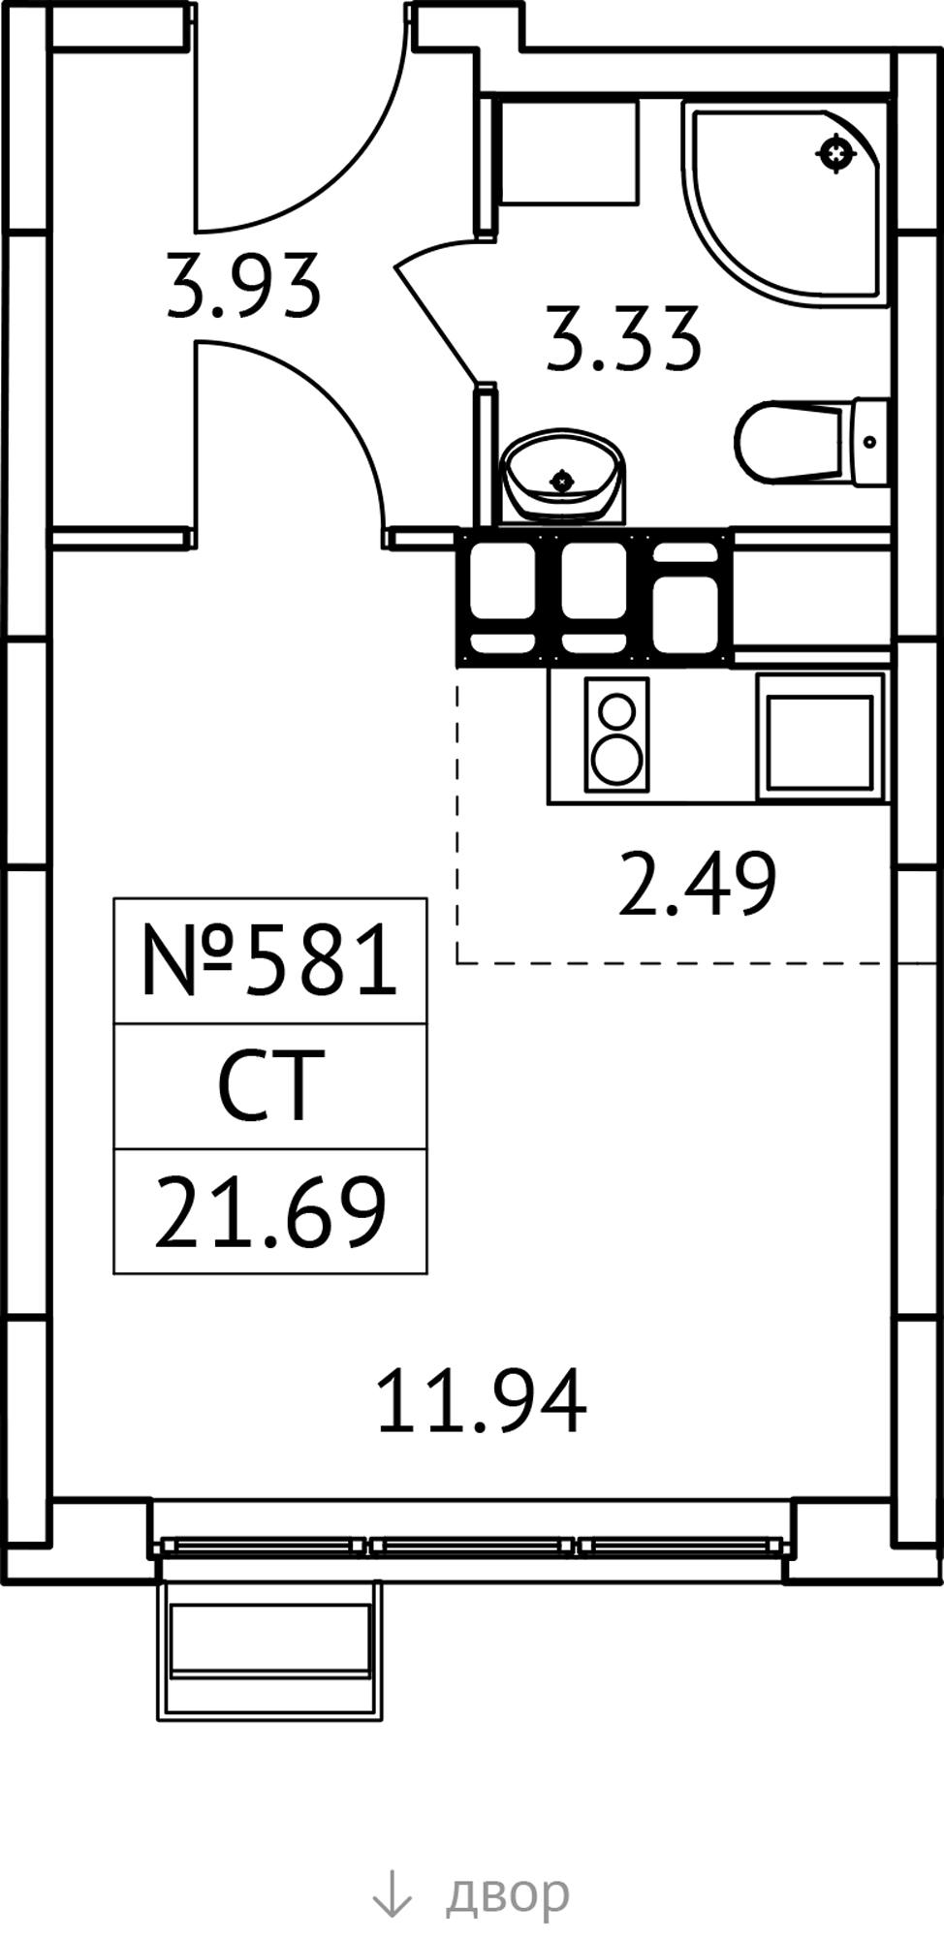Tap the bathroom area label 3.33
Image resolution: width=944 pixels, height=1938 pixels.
click(x=622, y=338)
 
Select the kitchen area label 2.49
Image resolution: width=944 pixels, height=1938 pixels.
click(x=697, y=883)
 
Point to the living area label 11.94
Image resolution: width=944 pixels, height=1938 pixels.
click(x=481, y=1400)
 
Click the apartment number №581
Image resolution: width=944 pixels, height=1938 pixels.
click(x=269, y=960)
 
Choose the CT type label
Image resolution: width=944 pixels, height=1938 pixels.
click(x=269, y=1085)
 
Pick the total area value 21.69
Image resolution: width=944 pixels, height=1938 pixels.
click(x=269, y=1211)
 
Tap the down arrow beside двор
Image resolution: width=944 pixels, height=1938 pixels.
click(x=392, y=1893)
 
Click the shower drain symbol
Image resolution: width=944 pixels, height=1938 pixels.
click(x=836, y=153)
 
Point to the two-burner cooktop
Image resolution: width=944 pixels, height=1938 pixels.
click(x=616, y=735)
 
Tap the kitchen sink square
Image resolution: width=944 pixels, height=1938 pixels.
click(x=820, y=735)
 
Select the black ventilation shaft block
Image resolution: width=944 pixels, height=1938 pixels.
click(x=594, y=598)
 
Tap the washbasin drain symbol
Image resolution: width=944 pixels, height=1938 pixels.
click(x=562, y=480)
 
